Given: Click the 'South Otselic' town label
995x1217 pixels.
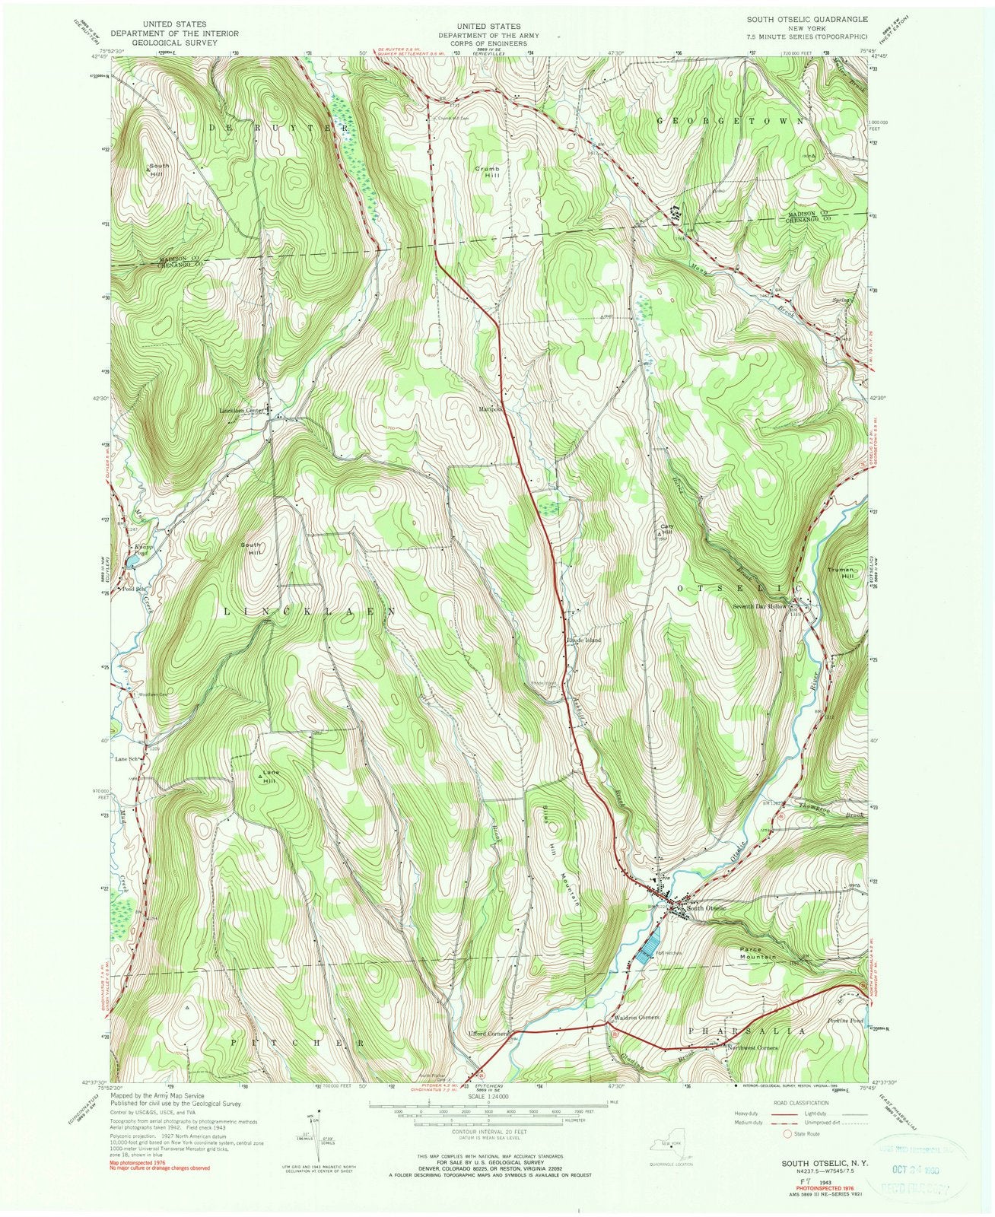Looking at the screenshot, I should tap(707, 908).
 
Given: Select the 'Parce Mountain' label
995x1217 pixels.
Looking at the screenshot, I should tap(758, 952).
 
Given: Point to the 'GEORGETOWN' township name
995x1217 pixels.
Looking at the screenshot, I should tap(731, 121).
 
